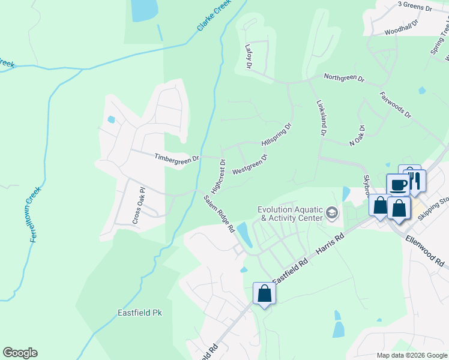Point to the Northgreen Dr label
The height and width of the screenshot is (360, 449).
tap(344, 77)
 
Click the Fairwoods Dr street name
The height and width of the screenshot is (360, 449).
tap(395, 104)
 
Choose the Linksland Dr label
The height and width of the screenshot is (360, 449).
tap(321, 118)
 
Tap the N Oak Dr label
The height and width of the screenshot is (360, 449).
tap(357, 136)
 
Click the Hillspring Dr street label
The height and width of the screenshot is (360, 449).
tap(276, 135)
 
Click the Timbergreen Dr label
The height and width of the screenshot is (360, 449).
tap(176, 157)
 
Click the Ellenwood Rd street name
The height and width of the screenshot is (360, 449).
tap(425, 251)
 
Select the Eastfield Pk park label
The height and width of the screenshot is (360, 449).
tap(140, 313)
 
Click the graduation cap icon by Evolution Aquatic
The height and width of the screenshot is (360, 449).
tap(331, 213)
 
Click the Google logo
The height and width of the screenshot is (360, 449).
tap(20, 353)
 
